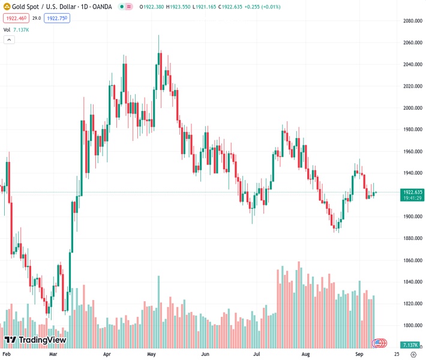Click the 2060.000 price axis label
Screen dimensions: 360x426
point(413,43)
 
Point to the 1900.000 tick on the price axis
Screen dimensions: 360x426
point(413,217)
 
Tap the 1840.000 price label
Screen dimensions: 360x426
point(413,282)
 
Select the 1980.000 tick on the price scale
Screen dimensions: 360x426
point(413,130)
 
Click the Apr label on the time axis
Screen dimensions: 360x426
point(107,355)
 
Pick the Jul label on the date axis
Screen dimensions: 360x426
point(257,355)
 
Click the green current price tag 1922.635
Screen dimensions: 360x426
point(413,193)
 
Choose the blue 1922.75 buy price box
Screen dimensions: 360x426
point(58,19)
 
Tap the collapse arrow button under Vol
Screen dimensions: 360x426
point(9,40)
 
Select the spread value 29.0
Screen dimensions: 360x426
point(36,19)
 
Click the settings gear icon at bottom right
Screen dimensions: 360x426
point(413,355)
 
